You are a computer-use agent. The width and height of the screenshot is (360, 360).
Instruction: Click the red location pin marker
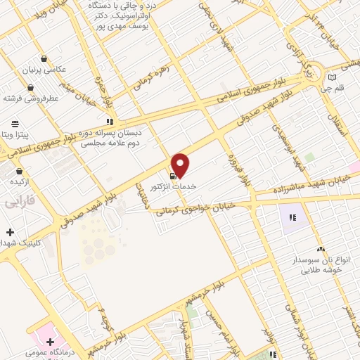click(181, 165)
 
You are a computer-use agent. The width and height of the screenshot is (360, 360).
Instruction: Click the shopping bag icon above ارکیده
click(19, 171)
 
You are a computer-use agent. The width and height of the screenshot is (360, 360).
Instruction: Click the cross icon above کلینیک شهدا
click(10, 232)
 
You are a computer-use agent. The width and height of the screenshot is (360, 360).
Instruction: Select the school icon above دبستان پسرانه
click(120, 120)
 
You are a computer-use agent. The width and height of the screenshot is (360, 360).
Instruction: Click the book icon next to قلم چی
click(332, 77)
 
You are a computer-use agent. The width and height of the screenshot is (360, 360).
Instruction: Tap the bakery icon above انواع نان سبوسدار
click(320, 249)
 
